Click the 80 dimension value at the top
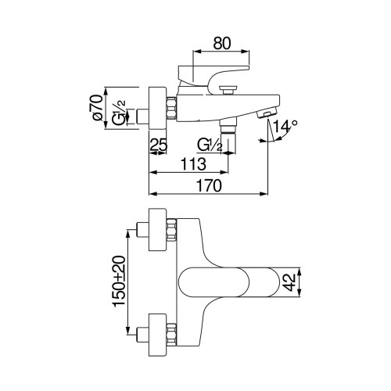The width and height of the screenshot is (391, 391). pos(222,43)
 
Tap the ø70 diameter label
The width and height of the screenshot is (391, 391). pos(97,107)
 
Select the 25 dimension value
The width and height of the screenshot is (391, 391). pos(159,145)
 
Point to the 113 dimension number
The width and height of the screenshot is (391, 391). pos(193,164)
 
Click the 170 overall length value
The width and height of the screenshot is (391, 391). pos(209,186)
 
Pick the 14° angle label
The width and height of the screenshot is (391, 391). pos(285,127)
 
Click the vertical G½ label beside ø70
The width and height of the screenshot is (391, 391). pos(119,113)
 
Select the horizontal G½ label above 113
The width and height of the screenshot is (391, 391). pos(210,145)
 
